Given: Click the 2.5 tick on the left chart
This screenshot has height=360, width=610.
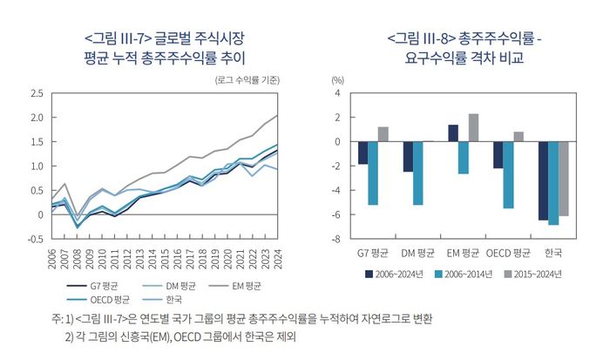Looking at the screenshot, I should tap(36, 93).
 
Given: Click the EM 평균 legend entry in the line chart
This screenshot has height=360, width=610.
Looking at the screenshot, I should tap(245, 284).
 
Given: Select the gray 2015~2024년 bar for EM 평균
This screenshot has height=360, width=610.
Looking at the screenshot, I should tap(473, 127).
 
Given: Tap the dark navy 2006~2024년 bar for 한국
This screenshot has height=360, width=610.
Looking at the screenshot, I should tap(542, 180).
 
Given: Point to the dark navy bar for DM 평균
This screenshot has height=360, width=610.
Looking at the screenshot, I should tap(407, 156).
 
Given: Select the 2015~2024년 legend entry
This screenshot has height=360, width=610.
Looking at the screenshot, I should tap(535, 274).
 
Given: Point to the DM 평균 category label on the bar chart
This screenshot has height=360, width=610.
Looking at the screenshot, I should tap(418, 254).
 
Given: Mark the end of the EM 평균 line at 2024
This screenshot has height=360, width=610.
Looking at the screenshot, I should tap(277, 116).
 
